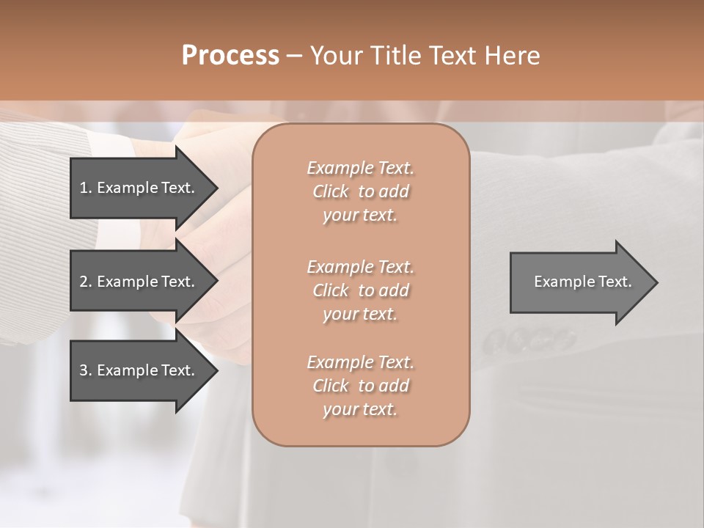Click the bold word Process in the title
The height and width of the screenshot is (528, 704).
point(230,56)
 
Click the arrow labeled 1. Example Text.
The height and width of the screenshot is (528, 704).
point(139,188)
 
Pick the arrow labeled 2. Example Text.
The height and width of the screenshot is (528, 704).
point(139,282)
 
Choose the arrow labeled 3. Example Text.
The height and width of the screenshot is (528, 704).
point(139,370)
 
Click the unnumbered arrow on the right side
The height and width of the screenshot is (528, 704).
point(579,282)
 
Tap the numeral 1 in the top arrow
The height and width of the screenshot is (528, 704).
point(84,188)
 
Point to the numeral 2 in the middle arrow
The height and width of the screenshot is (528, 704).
point(84,282)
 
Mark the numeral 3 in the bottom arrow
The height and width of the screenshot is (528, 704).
point(84,370)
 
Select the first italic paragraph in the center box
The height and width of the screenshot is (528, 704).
point(360,191)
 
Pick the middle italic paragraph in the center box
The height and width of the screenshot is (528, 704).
point(360,290)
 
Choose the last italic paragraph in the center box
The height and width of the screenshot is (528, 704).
point(360,386)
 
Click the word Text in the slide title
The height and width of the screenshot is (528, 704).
point(452,56)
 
